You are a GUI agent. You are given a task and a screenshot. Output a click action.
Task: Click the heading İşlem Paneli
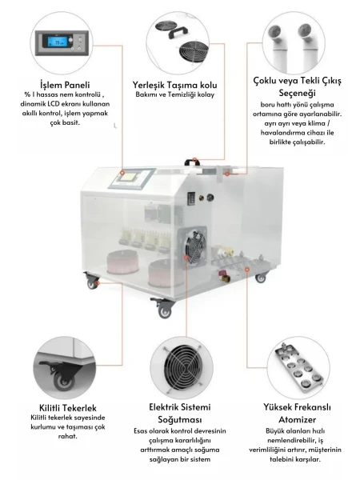[x=65, y=85]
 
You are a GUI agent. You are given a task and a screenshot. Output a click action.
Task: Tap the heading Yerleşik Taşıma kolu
[x=174, y=85]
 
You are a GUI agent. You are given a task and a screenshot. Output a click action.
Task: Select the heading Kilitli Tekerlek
[x=68, y=408]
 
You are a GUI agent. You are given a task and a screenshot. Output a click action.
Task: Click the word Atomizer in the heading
[x=297, y=419]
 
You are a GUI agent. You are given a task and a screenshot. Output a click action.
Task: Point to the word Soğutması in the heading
[x=180, y=419]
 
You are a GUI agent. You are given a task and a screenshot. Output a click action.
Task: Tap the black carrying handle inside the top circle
[x=178, y=33]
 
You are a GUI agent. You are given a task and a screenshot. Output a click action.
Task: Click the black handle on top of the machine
[x=192, y=162]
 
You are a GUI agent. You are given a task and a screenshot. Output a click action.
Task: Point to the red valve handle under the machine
[x=222, y=272]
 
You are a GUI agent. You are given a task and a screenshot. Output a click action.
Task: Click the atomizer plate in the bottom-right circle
[x=298, y=368]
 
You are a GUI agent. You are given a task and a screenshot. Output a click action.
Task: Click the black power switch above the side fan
[x=192, y=197]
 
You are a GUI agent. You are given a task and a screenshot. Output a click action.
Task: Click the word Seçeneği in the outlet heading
[x=297, y=93]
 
